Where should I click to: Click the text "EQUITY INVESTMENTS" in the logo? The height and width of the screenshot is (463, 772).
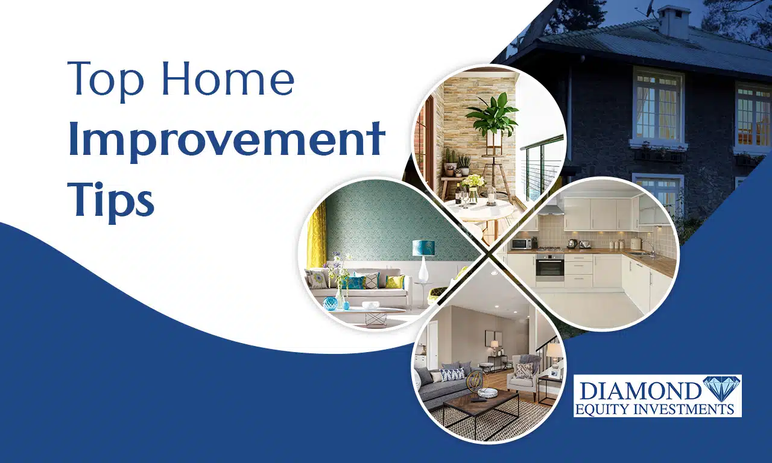(x=654, y=409)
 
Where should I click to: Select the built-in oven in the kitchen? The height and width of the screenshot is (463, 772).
(x=549, y=268)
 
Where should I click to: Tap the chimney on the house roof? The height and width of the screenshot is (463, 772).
(x=674, y=21)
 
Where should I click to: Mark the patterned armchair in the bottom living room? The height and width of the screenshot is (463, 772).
(x=525, y=376)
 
